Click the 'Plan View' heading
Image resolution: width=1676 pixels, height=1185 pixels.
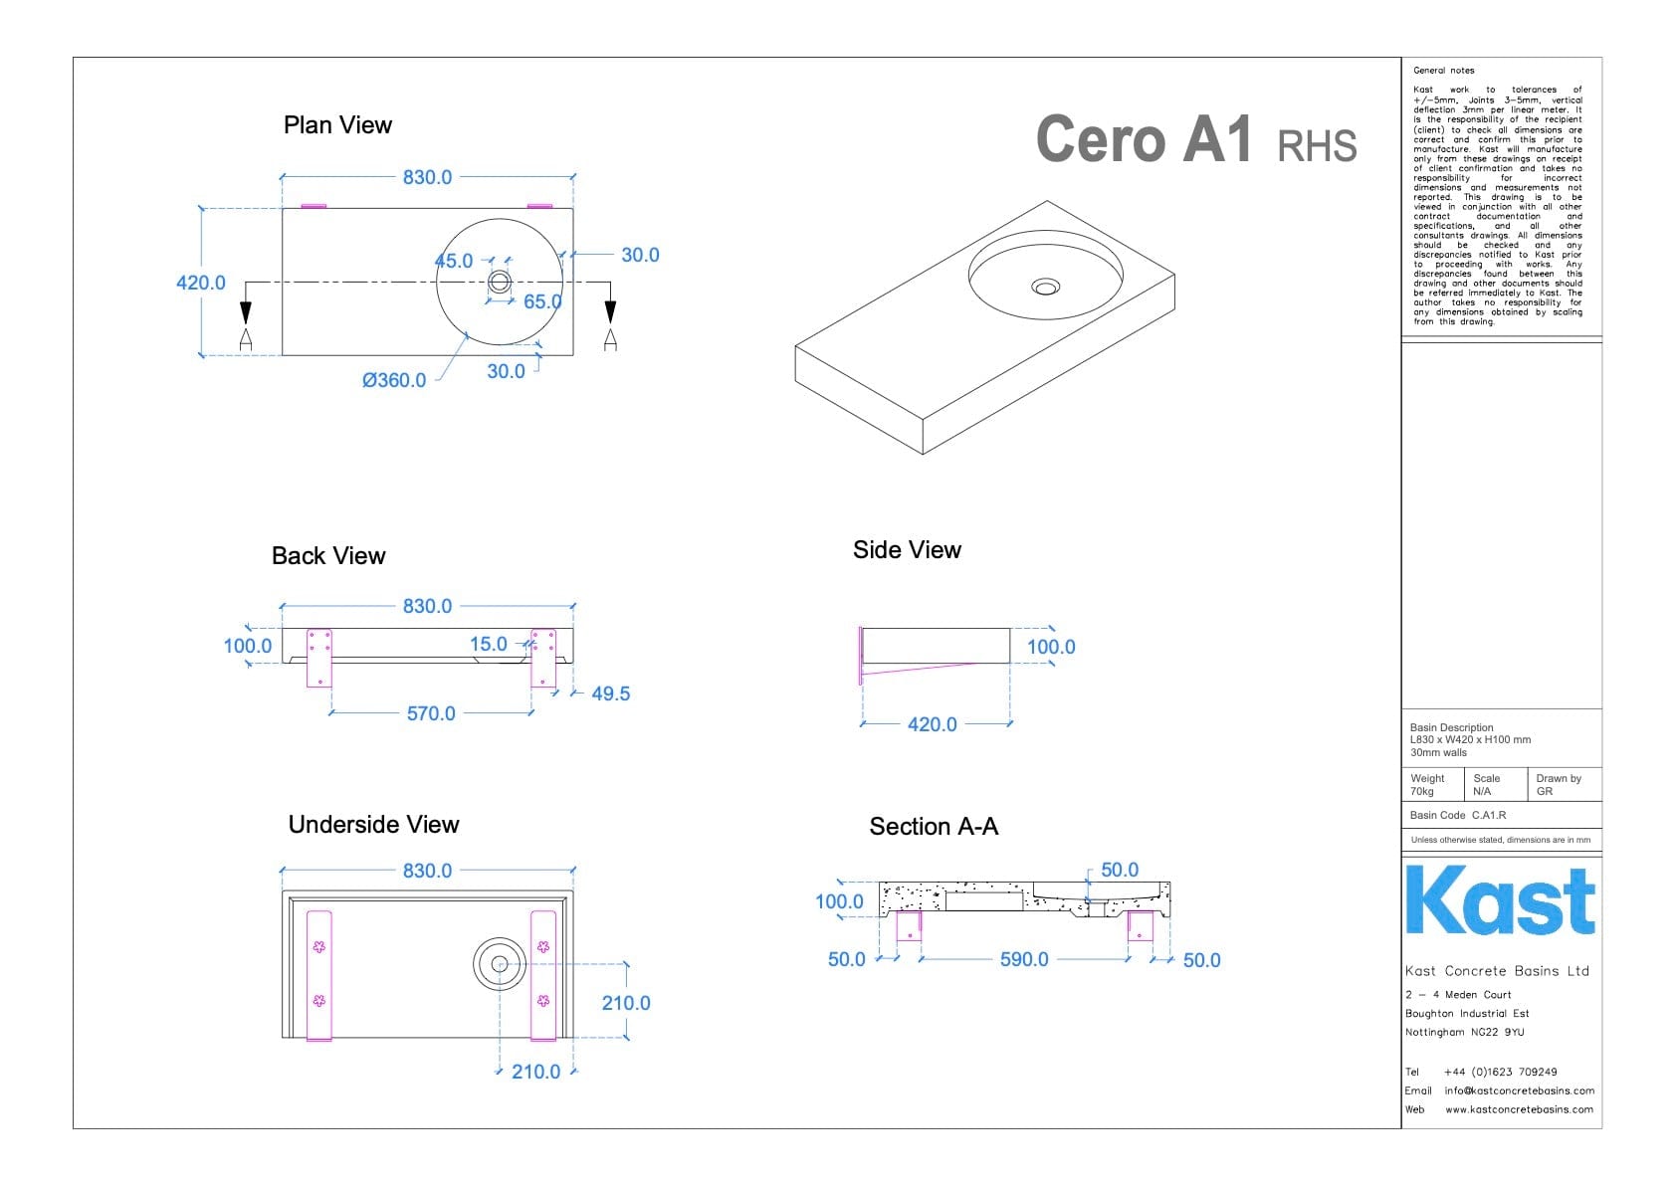(337, 125)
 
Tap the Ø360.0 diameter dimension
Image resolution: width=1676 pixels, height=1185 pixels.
(394, 380)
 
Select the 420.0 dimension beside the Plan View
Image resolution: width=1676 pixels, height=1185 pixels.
(200, 283)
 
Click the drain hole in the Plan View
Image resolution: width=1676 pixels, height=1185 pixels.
(500, 282)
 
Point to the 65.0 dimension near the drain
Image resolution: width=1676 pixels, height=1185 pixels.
(542, 301)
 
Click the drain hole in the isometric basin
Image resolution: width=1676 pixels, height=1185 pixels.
(1045, 287)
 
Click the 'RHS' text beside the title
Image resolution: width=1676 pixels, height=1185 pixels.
(1317, 146)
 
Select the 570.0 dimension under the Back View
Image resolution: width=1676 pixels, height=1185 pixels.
(431, 713)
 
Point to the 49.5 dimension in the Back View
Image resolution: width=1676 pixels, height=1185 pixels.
(610, 693)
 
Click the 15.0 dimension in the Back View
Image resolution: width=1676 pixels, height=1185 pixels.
(488, 644)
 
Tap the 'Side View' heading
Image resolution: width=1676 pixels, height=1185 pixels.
(907, 550)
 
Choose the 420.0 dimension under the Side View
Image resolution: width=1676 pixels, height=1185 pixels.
(932, 724)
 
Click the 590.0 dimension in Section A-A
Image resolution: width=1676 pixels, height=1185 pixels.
(1024, 959)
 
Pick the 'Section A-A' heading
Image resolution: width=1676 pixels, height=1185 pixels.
(934, 827)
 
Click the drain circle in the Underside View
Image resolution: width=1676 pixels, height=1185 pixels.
(500, 963)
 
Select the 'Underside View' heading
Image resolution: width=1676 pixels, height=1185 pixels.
(373, 825)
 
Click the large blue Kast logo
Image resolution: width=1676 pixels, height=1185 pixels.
(1500, 900)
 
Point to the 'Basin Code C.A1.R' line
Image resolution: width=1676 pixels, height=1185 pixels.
(1458, 815)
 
